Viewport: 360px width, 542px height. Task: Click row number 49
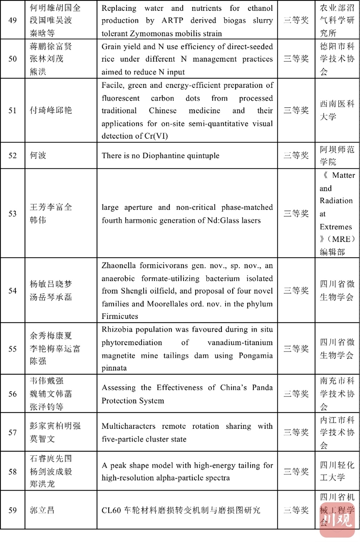click(x=13, y=20)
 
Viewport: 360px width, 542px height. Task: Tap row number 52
click(x=13, y=155)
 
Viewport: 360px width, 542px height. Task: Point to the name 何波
click(x=38, y=155)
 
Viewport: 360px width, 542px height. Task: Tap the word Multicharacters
click(x=128, y=426)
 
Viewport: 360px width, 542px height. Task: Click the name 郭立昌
click(x=42, y=510)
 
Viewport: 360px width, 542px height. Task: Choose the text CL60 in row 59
click(x=111, y=510)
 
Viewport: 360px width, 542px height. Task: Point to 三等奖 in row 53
click(x=296, y=213)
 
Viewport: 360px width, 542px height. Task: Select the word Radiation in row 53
click(x=336, y=201)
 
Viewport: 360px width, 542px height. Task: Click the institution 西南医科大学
click(x=337, y=110)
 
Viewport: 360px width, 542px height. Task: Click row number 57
click(x=13, y=433)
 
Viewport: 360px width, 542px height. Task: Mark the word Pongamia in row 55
click(x=256, y=356)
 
